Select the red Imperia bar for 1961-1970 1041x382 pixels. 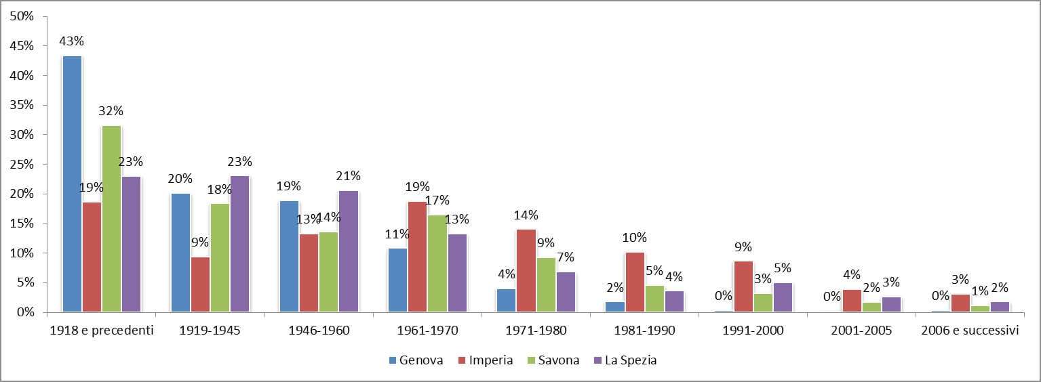[x=417, y=257]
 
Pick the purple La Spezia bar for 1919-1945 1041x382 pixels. [x=239, y=244]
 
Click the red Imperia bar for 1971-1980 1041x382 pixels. [x=526, y=271]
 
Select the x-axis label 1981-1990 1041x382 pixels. [x=644, y=331]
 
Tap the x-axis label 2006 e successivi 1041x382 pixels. [x=969, y=331]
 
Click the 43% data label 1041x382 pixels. [x=71, y=41]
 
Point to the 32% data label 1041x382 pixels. [x=111, y=111]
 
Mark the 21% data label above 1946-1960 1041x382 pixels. [x=348, y=176]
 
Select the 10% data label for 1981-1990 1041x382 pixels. [x=634, y=238]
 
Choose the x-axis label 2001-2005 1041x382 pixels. [x=861, y=331]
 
